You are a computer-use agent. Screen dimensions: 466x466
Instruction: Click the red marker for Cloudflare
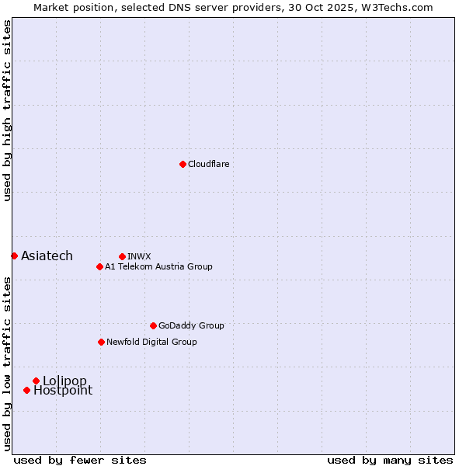click(x=183, y=164)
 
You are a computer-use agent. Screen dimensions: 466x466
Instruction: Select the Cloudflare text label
click(x=208, y=164)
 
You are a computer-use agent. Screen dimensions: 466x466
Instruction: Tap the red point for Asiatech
click(x=14, y=256)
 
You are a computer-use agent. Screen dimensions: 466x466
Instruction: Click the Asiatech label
click(x=47, y=256)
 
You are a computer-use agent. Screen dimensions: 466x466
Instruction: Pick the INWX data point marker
click(x=122, y=256)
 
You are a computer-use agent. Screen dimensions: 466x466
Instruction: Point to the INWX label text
click(x=139, y=256)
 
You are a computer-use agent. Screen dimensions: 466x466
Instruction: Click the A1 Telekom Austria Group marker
click(x=99, y=266)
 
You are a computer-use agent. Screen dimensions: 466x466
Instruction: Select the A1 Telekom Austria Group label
click(x=158, y=266)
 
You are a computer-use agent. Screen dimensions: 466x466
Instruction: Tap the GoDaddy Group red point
click(x=153, y=325)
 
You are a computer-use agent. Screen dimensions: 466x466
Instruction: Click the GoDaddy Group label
click(x=191, y=325)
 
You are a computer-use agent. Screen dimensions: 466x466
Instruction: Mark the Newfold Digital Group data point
click(x=101, y=342)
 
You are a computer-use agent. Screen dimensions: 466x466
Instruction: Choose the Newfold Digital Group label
click(x=151, y=342)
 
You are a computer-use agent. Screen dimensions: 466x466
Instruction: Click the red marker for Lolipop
click(x=36, y=381)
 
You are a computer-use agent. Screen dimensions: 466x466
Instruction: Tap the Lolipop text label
click(x=64, y=381)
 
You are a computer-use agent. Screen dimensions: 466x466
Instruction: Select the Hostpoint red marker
click(x=26, y=390)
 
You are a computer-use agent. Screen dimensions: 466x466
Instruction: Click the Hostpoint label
click(x=62, y=391)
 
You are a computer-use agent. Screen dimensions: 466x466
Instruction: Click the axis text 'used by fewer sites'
click(x=80, y=460)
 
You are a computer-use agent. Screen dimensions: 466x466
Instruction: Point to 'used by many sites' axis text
click(x=390, y=460)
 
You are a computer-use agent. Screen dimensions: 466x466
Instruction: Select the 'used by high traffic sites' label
click(x=8, y=110)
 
